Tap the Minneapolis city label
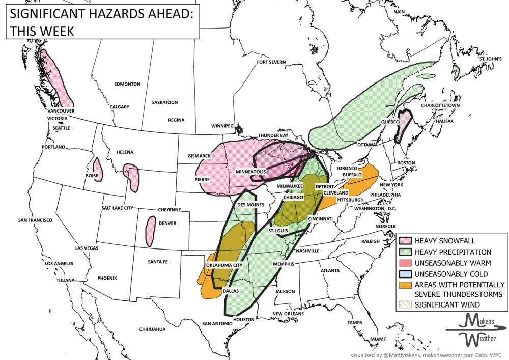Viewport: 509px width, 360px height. tap(250, 172)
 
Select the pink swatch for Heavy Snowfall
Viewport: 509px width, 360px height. tap(405, 241)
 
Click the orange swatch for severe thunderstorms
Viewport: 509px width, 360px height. tap(405, 285)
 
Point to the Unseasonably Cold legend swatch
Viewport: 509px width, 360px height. tap(405, 274)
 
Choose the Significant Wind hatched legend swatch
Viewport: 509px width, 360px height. tap(405, 304)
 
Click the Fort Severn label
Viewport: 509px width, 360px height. tap(271, 62)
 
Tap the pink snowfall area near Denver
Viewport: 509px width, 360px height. tap(151, 230)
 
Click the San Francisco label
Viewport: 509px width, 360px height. tap(35, 220)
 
